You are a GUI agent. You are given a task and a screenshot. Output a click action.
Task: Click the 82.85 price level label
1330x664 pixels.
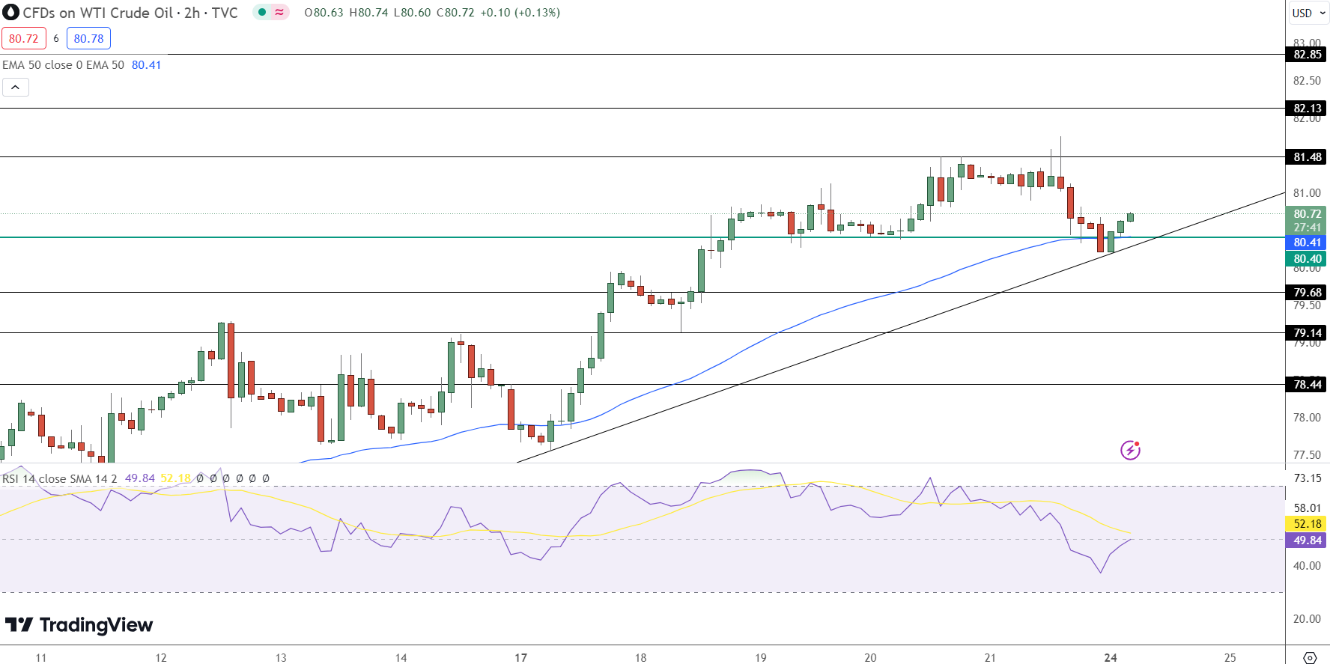(x=1307, y=55)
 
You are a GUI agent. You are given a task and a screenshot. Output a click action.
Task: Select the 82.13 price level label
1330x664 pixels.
(x=1307, y=109)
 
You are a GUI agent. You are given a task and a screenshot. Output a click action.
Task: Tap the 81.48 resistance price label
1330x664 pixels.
(x=1307, y=157)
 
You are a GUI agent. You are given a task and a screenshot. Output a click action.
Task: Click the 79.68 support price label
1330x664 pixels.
(x=1307, y=293)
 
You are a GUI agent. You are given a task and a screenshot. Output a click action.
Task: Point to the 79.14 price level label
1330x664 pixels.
(x=1307, y=333)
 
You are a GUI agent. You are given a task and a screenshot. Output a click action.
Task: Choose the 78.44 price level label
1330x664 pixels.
(x=1307, y=385)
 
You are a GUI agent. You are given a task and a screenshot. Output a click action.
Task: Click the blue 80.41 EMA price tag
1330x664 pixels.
(x=1307, y=243)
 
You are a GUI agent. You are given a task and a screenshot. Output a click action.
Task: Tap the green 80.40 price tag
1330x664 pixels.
(x=1307, y=259)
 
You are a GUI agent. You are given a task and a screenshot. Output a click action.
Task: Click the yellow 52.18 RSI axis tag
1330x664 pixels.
(x=1307, y=524)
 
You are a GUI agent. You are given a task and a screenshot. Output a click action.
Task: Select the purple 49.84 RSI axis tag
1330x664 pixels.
(x=1307, y=540)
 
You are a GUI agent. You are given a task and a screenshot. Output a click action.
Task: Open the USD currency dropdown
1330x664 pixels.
(x=1308, y=13)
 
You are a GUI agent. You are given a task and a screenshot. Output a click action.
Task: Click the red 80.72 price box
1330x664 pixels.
(x=24, y=38)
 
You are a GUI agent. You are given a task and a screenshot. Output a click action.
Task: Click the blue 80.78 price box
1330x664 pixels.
(x=88, y=38)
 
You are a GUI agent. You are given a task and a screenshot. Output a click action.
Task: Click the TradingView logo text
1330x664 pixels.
(x=79, y=625)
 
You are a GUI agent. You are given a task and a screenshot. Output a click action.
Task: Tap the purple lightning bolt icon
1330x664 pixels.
(x=1130, y=450)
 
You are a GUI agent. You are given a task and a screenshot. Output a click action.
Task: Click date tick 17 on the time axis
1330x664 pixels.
(x=520, y=657)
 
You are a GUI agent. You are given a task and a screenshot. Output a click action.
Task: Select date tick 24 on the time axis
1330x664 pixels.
(x=1111, y=657)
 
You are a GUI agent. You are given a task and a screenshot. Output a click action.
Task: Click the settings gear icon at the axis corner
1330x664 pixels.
(x=1310, y=657)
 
